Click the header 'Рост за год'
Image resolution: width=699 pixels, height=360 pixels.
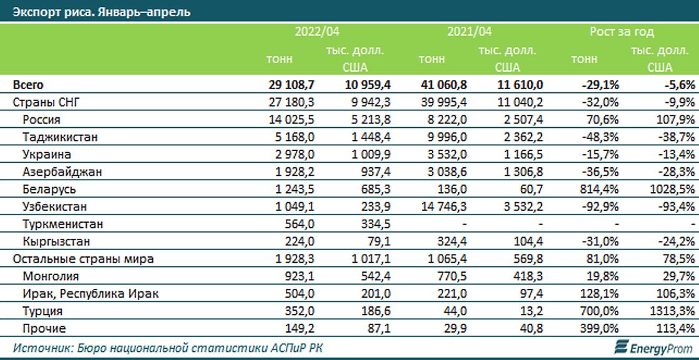point(622,32)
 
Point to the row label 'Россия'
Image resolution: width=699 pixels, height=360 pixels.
point(41,120)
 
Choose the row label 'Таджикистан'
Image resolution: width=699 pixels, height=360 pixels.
point(60,137)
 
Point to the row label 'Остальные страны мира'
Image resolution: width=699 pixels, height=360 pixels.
point(83,259)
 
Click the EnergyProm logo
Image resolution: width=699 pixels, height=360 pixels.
point(652,346)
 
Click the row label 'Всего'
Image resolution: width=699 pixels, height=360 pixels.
point(28,85)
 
